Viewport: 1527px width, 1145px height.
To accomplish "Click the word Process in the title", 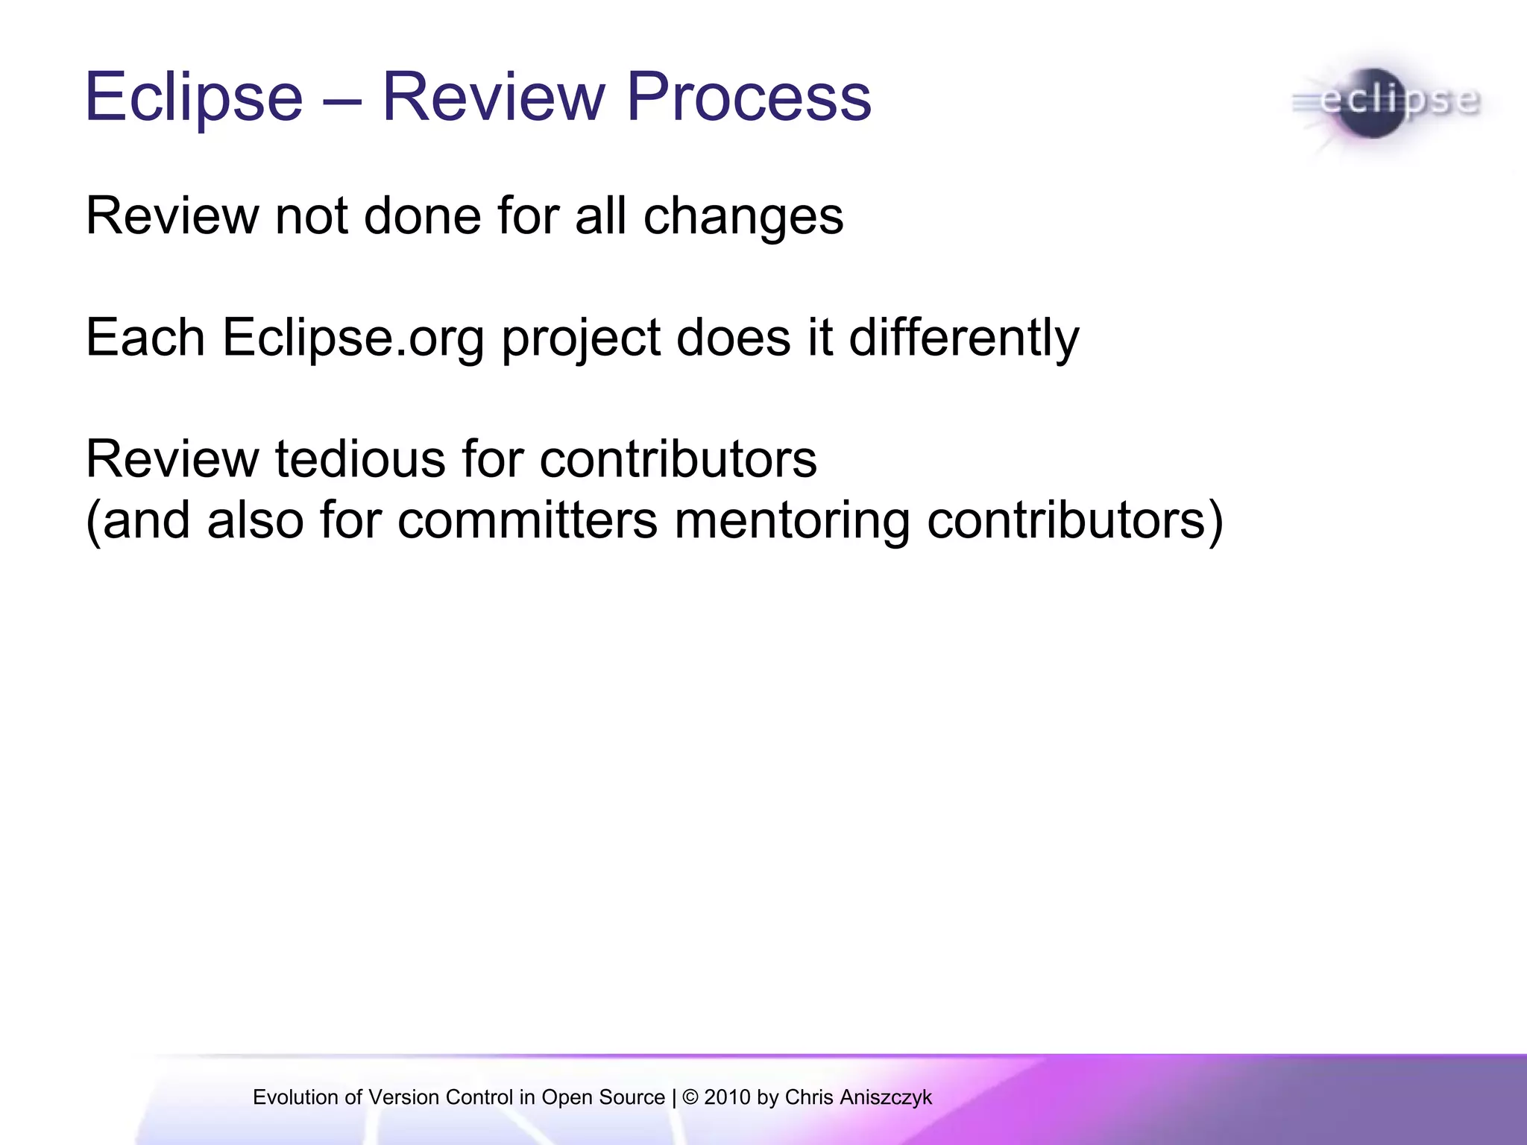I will [x=749, y=97].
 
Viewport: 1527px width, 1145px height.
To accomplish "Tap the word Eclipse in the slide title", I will [x=194, y=97].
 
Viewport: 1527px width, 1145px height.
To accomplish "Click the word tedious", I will [x=360, y=459].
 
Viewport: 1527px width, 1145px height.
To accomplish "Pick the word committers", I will [x=527, y=520].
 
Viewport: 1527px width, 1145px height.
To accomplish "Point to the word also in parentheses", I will [x=255, y=520].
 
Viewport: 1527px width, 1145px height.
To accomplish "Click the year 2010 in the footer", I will [x=727, y=1097].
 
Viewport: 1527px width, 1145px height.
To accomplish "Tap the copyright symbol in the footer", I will [x=690, y=1097].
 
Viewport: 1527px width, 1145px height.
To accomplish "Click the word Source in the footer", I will [x=632, y=1097].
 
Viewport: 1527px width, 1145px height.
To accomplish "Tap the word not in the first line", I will [x=311, y=216].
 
